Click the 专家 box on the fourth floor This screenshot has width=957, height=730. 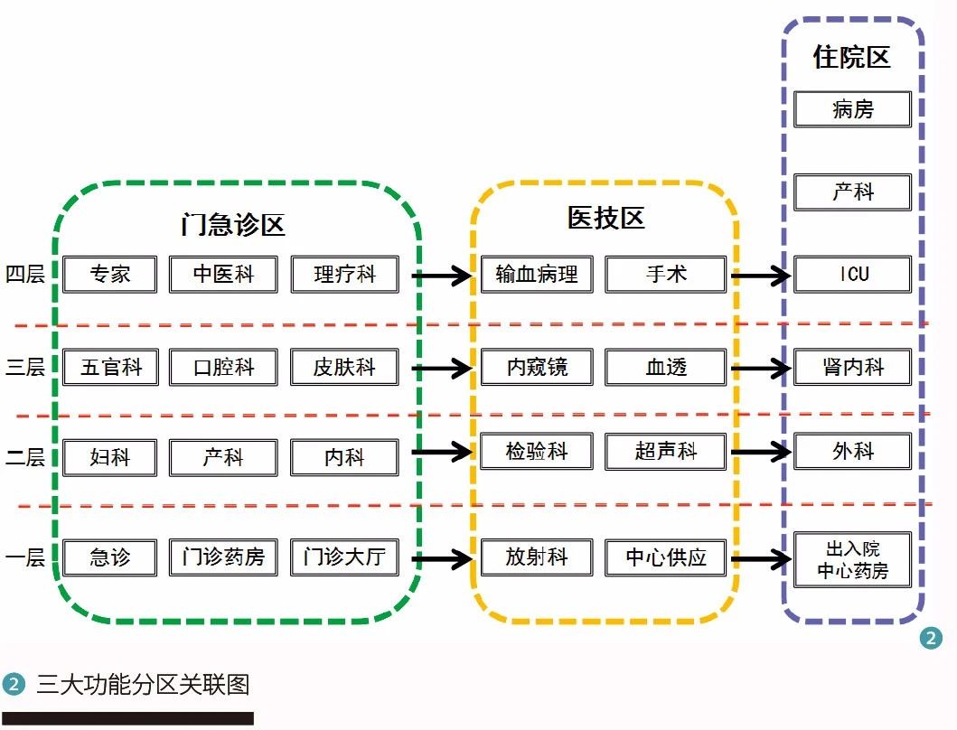tap(110, 274)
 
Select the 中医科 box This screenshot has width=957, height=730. tap(223, 274)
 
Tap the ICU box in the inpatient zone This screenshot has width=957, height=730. tap(853, 274)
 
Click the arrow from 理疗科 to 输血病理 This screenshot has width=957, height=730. tap(442, 276)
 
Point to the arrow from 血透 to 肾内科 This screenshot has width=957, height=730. tap(761, 368)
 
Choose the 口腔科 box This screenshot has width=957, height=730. tap(223, 367)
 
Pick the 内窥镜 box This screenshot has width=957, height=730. tap(537, 367)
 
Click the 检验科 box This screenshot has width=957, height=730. tap(537, 451)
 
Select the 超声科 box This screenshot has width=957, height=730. tap(666, 451)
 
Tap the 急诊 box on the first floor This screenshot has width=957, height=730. tap(110, 557)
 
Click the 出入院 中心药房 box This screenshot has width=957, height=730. tap(853, 560)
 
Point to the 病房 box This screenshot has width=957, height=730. tap(853, 109)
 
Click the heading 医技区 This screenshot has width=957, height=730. tap(606, 218)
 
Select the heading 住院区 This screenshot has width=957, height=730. tap(852, 57)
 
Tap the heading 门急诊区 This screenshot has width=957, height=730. tap(233, 225)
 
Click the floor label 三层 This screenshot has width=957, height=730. tap(25, 367)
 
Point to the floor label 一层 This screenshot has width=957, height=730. tap(25, 557)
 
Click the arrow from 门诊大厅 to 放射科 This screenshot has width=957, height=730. tap(442, 558)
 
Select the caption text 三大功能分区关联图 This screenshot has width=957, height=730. tap(144, 684)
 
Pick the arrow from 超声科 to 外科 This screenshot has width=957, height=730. tap(761, 453)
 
